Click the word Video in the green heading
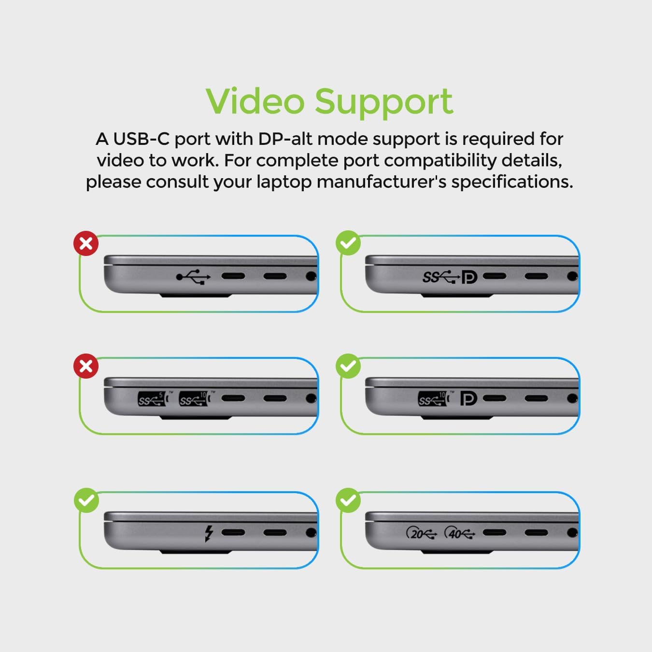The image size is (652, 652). pyautogui.click(x=255, y=101)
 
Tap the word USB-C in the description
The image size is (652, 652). pyautogui.click(x=142, y=139)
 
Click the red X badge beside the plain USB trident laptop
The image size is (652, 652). pyautogui.click(x=86, y=243)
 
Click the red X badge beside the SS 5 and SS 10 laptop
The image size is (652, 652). pyautogui.click(x=86, y=366)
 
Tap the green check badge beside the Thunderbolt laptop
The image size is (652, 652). pyautogui.click(x=86, y=500)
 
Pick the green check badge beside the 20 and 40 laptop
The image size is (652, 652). pyautogui.click(x=348, y=500)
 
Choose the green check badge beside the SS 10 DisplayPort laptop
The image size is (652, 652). pyautogui.click(x=348, y=366)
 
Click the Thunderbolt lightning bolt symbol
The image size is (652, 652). pyautogui.click(x=209, y=533)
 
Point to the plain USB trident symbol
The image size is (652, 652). pyautogui.click(x=193, y=277)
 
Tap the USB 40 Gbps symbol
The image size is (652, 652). pyautogui.click(x=460, y=533)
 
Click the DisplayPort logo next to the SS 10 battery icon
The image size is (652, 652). pyautogui.click(x=469, y=399)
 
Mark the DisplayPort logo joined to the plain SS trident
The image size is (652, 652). pyautogui.click(x=469, y=277)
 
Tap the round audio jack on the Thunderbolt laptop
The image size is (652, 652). pyautogui.click(x=311, y=533)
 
